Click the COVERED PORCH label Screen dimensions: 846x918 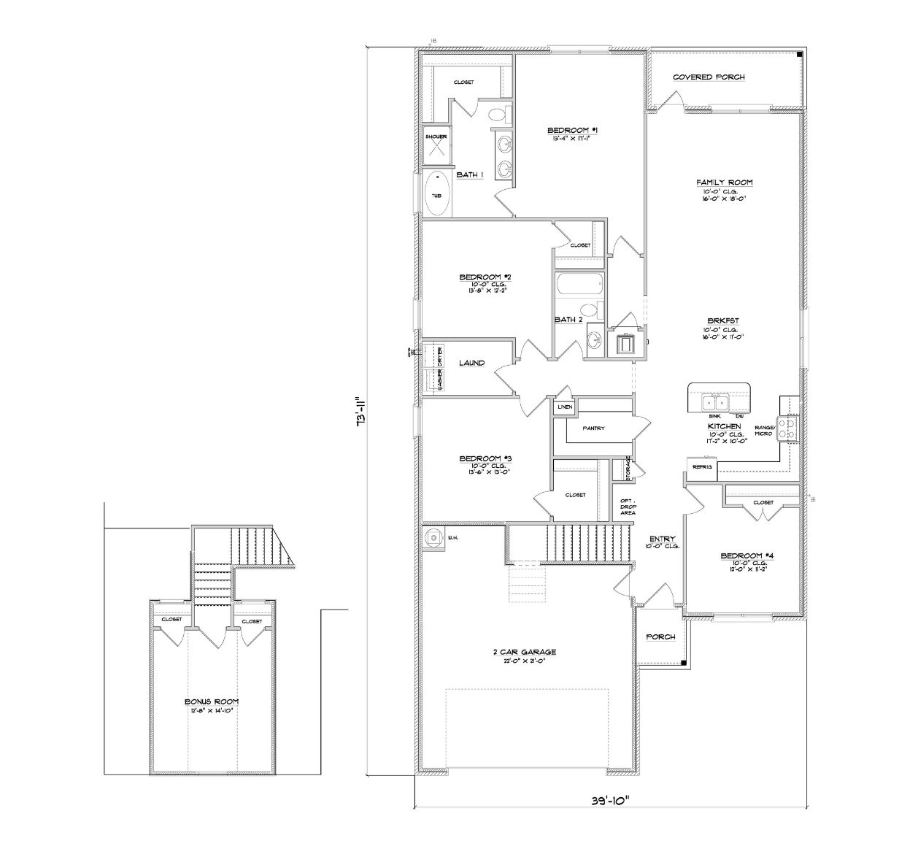point(708,77)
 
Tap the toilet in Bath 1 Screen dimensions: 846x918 point(498,115)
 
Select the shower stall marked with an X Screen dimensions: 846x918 point(436,147)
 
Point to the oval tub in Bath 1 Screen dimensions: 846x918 point(437,194)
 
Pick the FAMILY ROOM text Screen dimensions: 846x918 point(724,182)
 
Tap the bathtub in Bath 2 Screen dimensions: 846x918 point(579,285)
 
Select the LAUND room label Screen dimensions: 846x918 point(471,363)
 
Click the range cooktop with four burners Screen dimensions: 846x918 point(788,428)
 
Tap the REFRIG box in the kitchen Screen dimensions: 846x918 point(702,467)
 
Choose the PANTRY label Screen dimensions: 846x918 point(593,428)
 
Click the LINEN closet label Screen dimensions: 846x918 point(564,407)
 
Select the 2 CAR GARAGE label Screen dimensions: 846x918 point(524,652)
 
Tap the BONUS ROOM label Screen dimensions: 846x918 point(212,701)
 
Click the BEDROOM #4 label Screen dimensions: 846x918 point(747,555)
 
